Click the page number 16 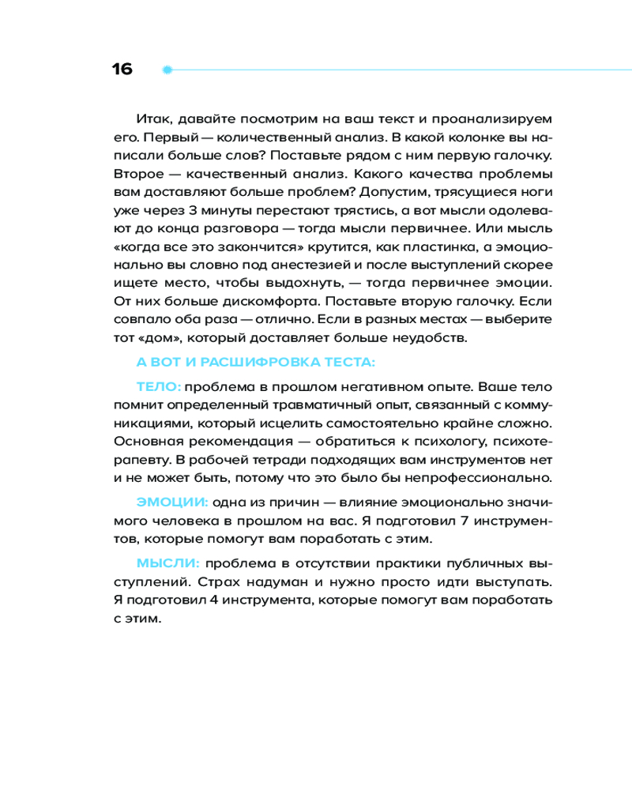(x=122, y=70)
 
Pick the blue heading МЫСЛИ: (x=168, y=562)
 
